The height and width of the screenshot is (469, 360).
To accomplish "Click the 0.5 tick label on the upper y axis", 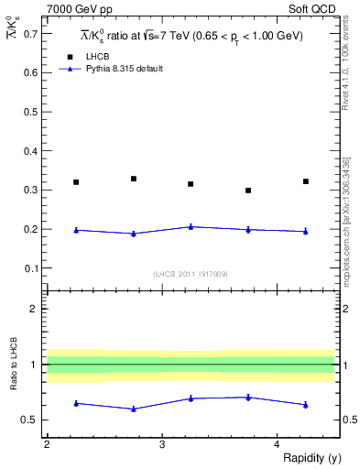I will click(32, 111).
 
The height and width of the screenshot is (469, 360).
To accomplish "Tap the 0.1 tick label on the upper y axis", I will click(32, 267).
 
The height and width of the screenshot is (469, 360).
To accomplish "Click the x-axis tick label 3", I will click(161, 444).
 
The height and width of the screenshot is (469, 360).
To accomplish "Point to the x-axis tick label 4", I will click(277, 444).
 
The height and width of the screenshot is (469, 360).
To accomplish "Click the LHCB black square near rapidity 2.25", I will click(76, 182).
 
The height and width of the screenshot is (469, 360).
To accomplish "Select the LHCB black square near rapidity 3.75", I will click(248, 191).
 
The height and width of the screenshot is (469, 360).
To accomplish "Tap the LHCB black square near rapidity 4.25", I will click(306, 181).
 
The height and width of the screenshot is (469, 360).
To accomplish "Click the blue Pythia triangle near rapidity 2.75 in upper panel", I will click(133, 234).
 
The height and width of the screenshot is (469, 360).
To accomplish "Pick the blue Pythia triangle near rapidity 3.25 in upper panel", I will click(191, 226).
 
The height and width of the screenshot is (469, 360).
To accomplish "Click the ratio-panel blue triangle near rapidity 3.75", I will click(248, 397).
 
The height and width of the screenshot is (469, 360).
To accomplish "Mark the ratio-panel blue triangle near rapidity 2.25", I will click(76, 403).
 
